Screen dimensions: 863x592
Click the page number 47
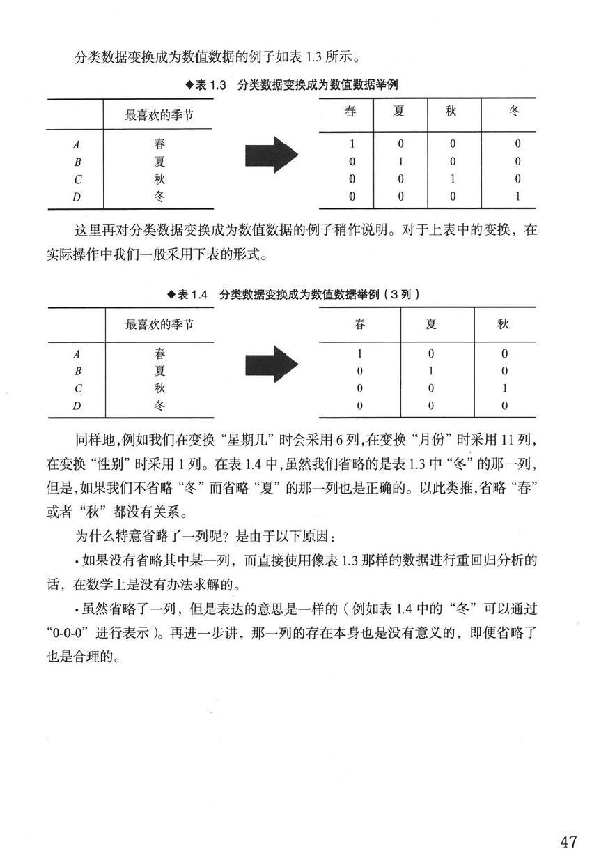pyautogui.click(x=568, y=841)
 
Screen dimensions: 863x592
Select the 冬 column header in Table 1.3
pyautogui.click(x=514, y=112)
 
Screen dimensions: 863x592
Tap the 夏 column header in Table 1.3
pyautogui.click(x=398, y=112)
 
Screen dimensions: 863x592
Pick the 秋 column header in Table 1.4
pyautogui.click(x=503, y=324)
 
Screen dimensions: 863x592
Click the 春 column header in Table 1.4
pyautogui.click(x=359, y=324)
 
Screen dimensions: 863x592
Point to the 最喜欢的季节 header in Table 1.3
pyautogui.click(x=159, y=114)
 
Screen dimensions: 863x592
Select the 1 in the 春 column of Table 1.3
pyautogui.click(x=352, y=145)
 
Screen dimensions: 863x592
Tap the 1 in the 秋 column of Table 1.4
pyautogui.click(x=504, y=388)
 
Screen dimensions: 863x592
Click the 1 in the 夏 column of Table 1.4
pyautogui.click(x=431, y=370)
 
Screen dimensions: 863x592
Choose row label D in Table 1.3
pyautogui.click(x=77, y=197)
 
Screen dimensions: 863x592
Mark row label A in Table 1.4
pyautogui.click(x=77, y=353)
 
